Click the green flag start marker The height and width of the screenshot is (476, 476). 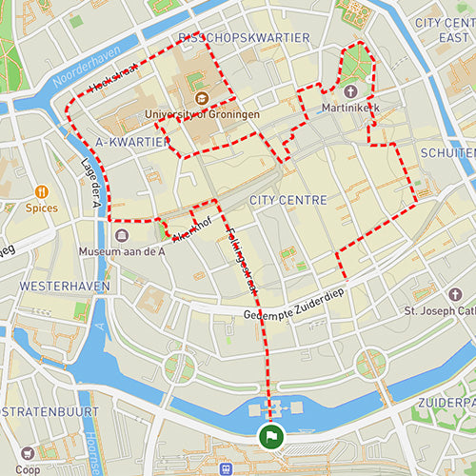pyautogui.click(x=271, y=437)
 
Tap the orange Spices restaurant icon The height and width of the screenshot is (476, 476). pyautogui.click(x=42, y=189)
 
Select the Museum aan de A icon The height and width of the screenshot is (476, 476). pyautogui.click(x=122, y=235)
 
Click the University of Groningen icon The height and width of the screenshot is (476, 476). pyautogui.click(x=202, y=98)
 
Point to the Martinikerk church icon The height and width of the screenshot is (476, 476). pyautogui.click(x=350, y=92)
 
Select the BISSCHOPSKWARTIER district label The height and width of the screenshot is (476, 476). pyautogui.click(x=244, y=37)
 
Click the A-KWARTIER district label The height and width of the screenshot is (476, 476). pyautogui.click(x=132, y=142)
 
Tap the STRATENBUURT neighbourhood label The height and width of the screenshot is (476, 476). pyautogui.click(x=50, y=412)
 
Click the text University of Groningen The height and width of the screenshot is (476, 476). pyautogui.click(x=203, y=114)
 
